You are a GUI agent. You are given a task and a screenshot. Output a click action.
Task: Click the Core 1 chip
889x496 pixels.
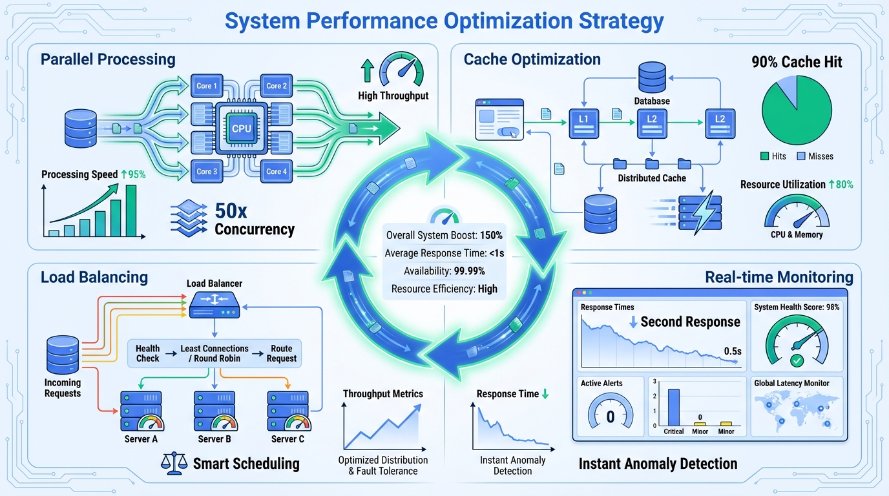pos(207,85)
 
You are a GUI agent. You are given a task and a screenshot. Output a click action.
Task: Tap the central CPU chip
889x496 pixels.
pos(241,129)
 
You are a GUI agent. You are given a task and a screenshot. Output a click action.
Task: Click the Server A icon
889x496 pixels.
pos(141,411)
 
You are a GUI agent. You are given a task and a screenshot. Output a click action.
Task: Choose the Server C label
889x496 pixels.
pos(288,439)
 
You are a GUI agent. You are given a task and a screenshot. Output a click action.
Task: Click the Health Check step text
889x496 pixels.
pos(147,353)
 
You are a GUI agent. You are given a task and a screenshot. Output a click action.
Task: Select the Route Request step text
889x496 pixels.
pos(282,353)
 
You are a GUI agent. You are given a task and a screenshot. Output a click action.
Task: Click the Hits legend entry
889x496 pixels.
pos(774,156)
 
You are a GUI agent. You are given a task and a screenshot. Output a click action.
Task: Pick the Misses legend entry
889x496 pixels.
pos(815,156)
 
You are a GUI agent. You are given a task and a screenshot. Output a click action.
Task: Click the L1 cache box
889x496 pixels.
pos(584,123)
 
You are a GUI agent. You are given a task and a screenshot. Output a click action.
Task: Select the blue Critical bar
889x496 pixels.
pos(673,407)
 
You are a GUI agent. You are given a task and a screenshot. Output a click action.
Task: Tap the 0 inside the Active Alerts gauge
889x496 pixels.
pos(610,417)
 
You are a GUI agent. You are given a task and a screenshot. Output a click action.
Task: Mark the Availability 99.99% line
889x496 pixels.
pos(444,271)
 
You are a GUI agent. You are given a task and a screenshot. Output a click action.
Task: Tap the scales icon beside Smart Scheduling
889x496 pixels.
pos(172,462)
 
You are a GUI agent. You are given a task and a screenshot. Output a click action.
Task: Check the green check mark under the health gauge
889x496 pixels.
pos(796,360)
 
